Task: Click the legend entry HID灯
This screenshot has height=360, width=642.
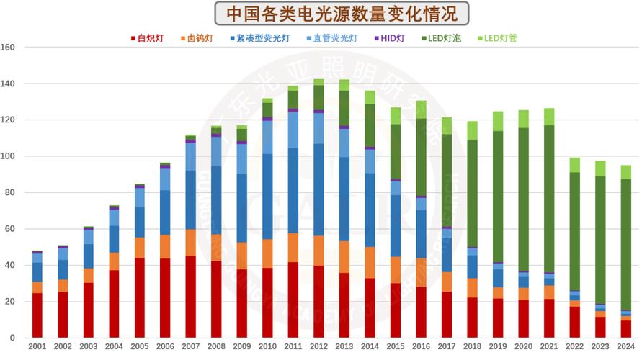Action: tap(393, 38)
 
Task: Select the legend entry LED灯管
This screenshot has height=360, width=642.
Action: tap(501, 38)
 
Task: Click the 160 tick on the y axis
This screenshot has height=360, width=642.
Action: tap(9, 48)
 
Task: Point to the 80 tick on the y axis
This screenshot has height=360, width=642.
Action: tap(11, 193)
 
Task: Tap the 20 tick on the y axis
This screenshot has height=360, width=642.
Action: tap(11, 302)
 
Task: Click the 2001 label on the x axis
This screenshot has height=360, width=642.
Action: tap(37, 347)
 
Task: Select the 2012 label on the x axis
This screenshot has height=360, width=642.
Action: tap(318, 347)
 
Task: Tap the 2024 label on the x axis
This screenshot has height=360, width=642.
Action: tap(625, 347)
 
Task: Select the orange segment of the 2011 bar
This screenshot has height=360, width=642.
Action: tap(293, 247)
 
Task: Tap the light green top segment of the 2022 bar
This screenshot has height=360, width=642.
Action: tap(574, 165)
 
